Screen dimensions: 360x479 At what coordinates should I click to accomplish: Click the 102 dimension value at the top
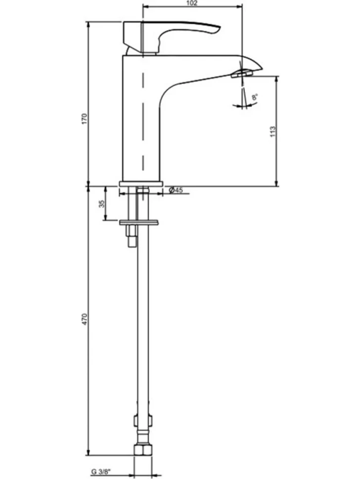(192, 3)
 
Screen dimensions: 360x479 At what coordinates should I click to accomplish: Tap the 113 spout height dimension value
(273, 131)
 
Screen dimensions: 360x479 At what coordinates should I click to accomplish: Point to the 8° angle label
(255, 97)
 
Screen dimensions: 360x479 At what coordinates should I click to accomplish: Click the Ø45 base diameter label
(176, 190)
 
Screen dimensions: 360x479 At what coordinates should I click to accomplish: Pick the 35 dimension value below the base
(102, 203)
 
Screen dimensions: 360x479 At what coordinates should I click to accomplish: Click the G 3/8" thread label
(101, 472)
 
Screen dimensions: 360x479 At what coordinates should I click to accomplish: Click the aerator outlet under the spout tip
(242, 74)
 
